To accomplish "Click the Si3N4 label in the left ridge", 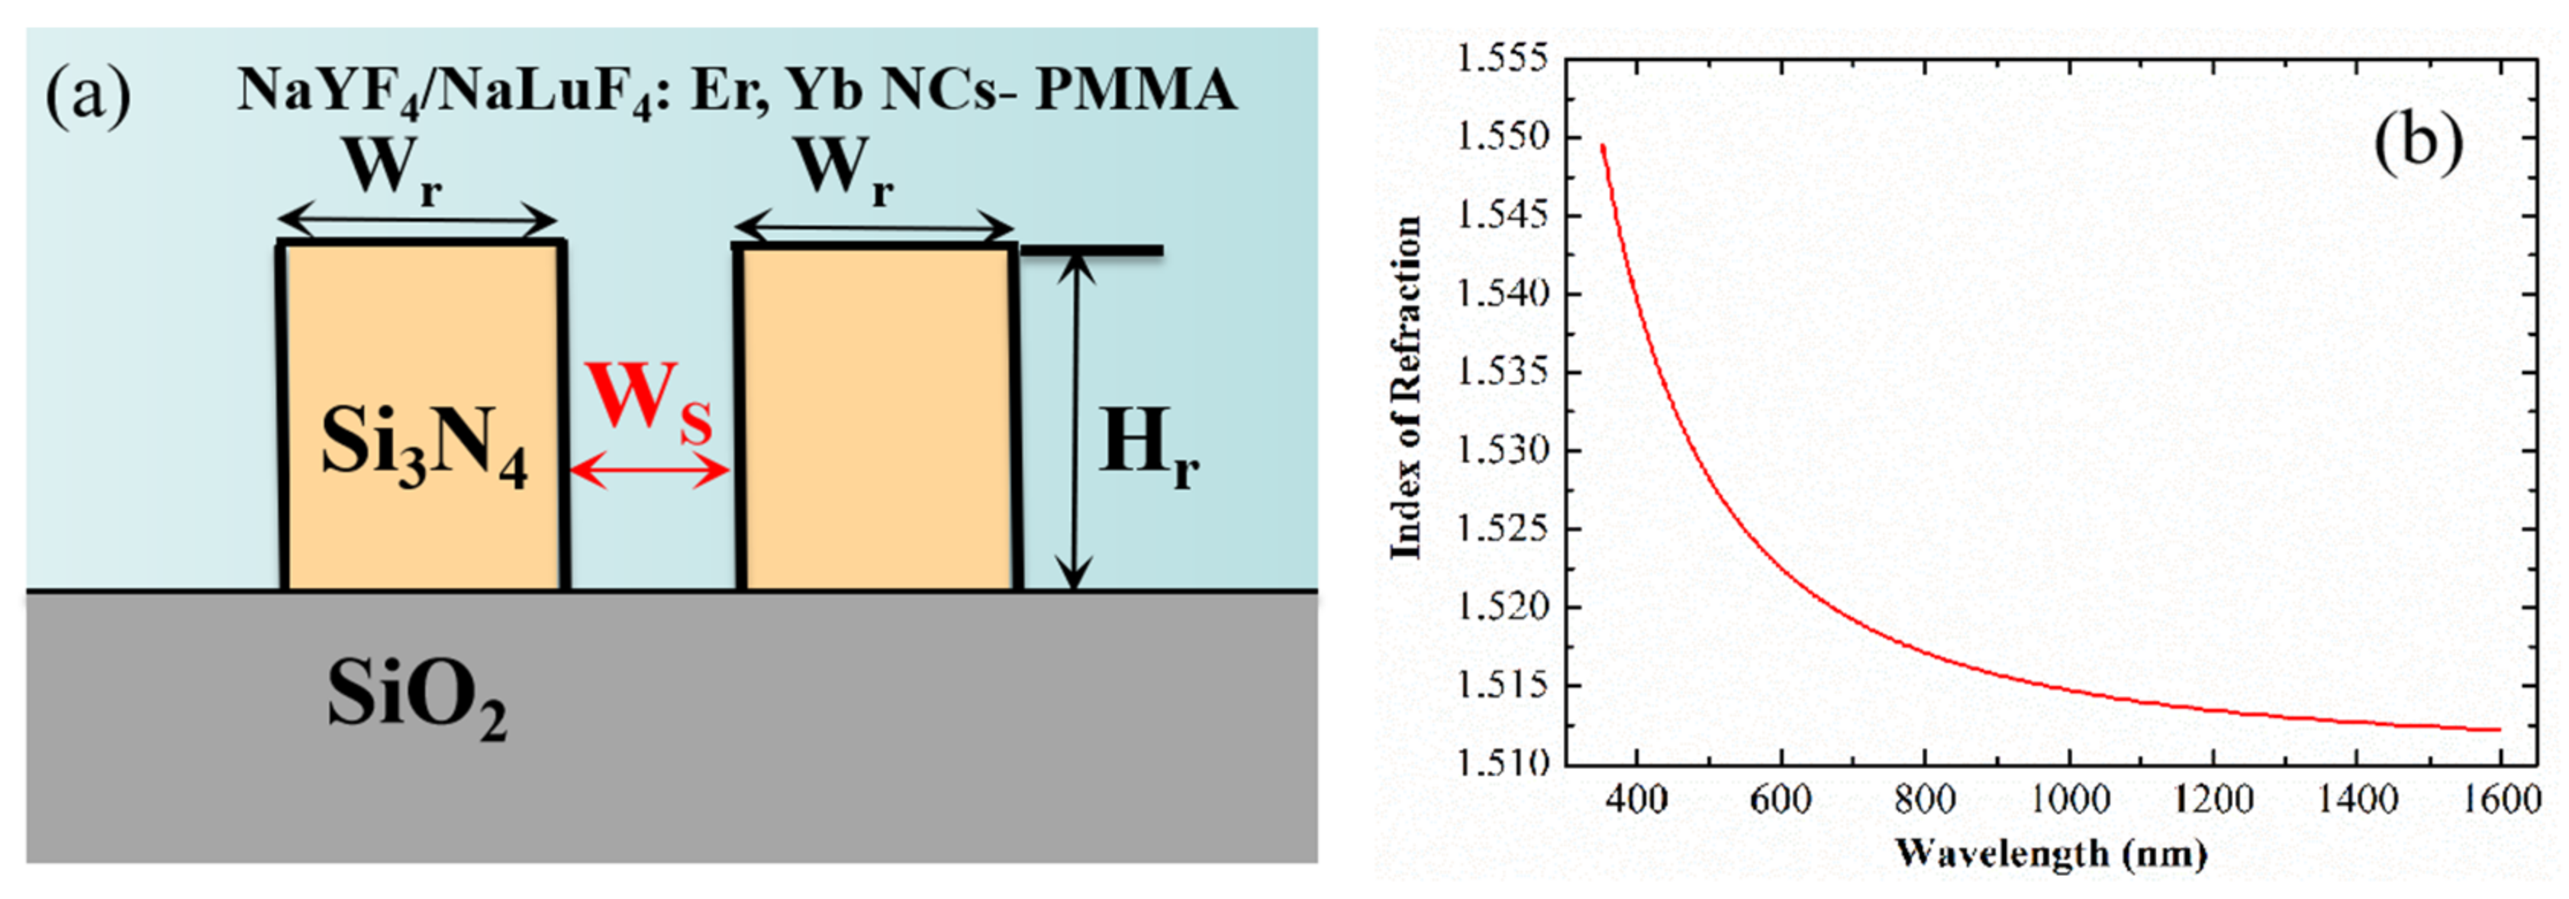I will click(424, 446).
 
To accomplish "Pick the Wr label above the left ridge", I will click(393, 170).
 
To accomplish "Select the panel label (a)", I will click(88, 94).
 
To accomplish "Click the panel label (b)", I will click(2417, 140).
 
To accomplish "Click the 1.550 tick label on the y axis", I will click(1503, 137).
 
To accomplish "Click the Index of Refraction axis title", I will click(1406, 389).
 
